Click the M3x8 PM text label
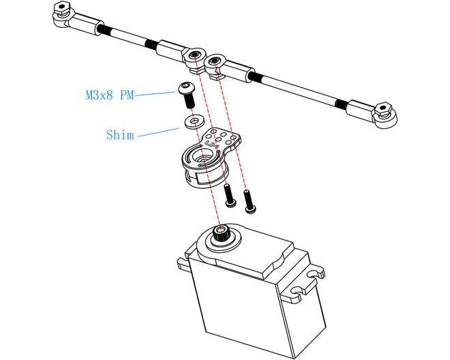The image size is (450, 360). (109, 95)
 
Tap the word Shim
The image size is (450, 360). (120, 134)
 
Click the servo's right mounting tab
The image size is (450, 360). (314, 273)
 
